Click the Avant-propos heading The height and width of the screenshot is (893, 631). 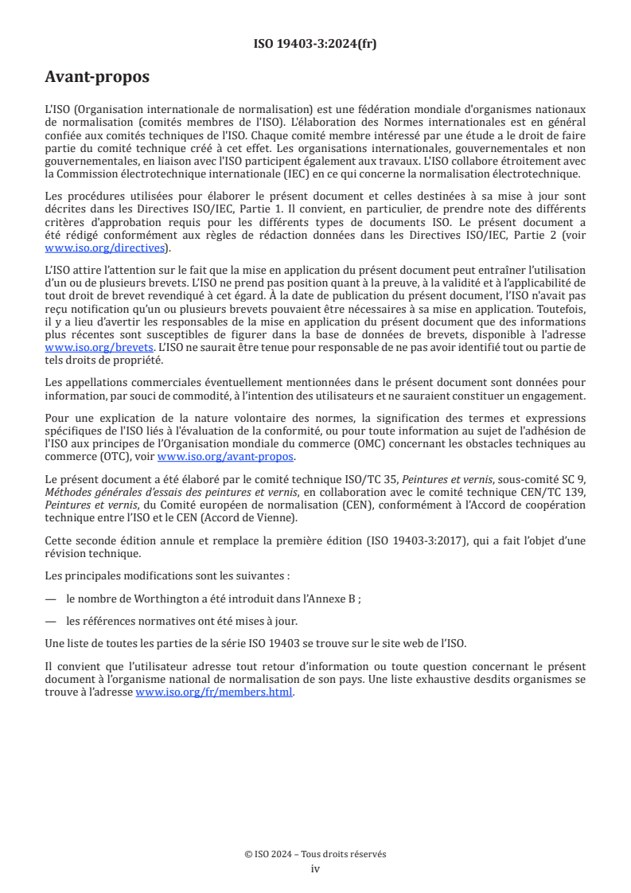97,77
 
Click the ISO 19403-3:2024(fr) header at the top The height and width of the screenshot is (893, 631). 315,44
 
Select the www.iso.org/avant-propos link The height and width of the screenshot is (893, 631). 226,456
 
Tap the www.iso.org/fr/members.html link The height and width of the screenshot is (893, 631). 215,692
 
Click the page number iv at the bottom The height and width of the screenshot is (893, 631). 315,868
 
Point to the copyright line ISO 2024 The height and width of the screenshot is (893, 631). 315,854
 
